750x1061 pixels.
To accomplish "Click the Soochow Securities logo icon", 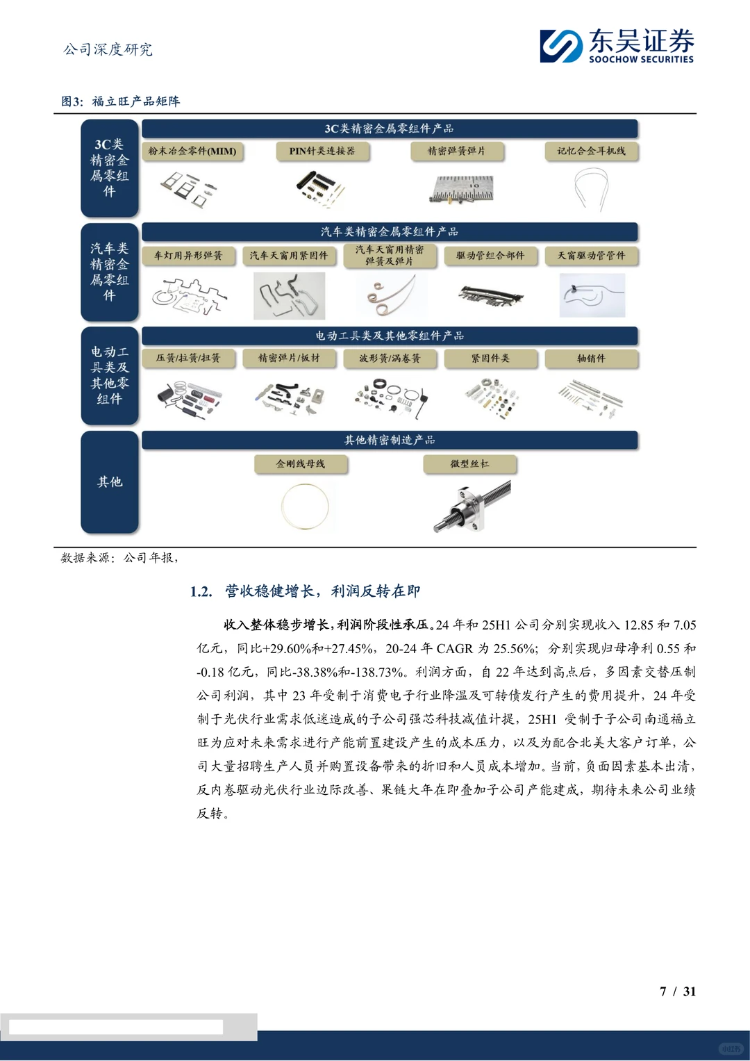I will [561, 47].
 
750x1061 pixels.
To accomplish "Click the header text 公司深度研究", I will [108, 49].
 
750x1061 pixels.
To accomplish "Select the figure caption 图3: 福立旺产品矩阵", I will [121, 101].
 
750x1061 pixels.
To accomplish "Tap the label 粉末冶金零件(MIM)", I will [192, 151].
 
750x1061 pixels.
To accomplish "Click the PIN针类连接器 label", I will [322, 151].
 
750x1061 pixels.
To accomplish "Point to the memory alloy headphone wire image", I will [591, 188].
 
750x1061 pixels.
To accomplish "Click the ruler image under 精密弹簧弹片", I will [461, 188].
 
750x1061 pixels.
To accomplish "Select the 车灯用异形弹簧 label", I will [188, 256].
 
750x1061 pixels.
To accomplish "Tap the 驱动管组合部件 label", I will [490, 256].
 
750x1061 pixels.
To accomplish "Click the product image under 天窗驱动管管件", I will [592, 295].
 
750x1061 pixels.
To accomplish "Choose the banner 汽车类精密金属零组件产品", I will [389, 232].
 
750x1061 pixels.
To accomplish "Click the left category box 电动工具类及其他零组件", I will [110, 375].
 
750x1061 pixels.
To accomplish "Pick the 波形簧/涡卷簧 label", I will [389, 359].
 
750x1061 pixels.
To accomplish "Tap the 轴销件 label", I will [591, 359].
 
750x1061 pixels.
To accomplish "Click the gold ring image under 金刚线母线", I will [305, 506].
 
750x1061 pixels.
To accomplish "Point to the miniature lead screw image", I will [472, 506].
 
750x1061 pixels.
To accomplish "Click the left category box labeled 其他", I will [110, 482].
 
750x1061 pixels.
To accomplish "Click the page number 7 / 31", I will [677, 992].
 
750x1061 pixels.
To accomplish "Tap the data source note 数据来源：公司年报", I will [119, 558].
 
